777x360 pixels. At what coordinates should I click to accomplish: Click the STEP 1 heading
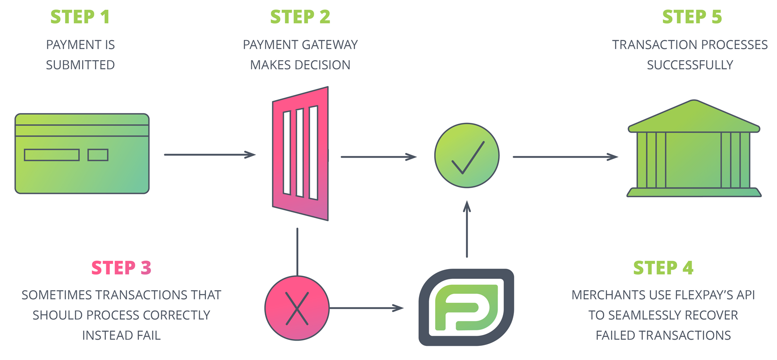[80, 17]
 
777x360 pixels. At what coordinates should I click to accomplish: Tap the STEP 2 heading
[300, 17]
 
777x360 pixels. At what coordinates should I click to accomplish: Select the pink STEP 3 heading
[121, 268]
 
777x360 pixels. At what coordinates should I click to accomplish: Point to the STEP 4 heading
[663, 268]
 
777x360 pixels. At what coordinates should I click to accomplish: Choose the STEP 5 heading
[692, 17]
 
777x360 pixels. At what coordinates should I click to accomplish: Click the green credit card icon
[82, 154]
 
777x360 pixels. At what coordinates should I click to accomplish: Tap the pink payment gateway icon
[301, 154]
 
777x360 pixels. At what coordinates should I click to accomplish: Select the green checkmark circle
[467, 155]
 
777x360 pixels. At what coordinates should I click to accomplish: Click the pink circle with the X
[297, 308]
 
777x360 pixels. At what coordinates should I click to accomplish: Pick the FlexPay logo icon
[466, 308]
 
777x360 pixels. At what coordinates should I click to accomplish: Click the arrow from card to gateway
[209, 154]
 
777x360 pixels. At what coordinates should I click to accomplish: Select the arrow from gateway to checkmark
[378, 157]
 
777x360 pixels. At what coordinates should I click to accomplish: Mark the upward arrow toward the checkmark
[467, 229]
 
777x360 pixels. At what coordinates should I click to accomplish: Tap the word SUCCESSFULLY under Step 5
[690, 65]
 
